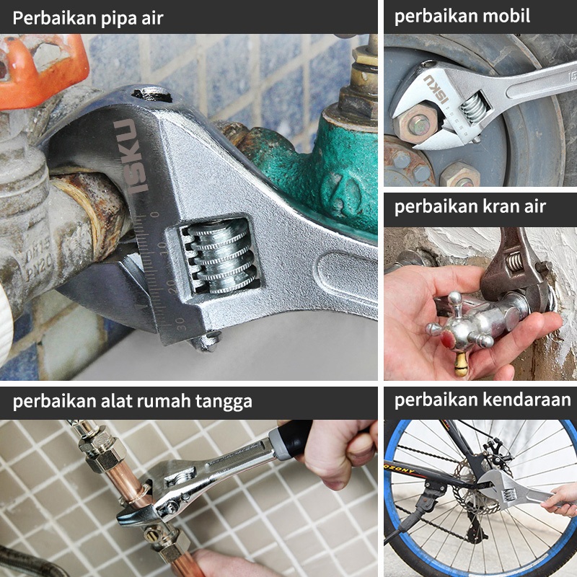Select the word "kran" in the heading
(501, 206)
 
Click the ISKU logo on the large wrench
(131, 157)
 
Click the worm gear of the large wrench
(220, 256)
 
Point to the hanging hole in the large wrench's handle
(151, 94)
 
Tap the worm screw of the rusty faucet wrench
(514, 260)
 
